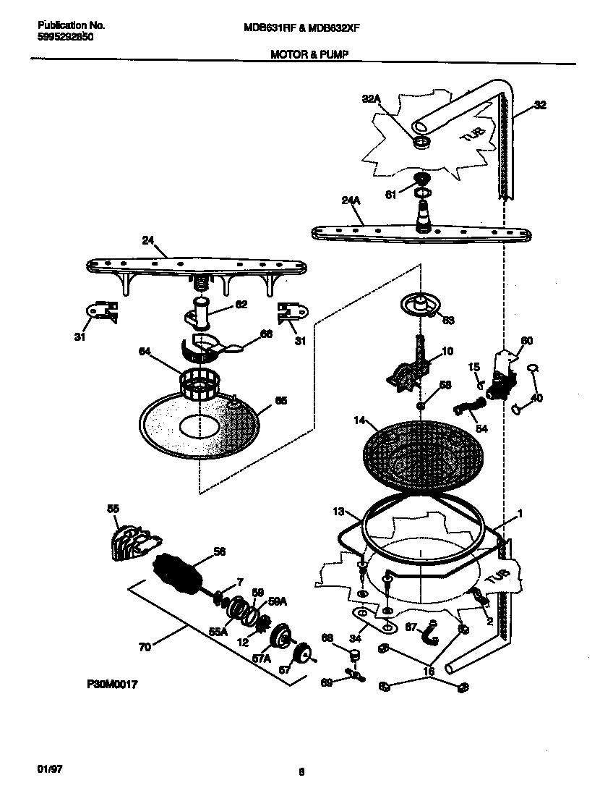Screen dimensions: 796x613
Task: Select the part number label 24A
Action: tap(351, 203)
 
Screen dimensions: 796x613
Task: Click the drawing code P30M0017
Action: tap(111, 682)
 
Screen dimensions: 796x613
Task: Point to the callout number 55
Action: tap(113, 509)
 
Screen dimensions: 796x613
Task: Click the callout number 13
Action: tap(338, 512)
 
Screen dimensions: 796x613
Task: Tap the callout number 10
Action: tap(447, 351)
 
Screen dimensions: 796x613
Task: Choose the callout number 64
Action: tap(145, 352)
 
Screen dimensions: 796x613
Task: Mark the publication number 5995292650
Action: tap(64, 35)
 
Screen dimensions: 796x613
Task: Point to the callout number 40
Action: tap(536, 397)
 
